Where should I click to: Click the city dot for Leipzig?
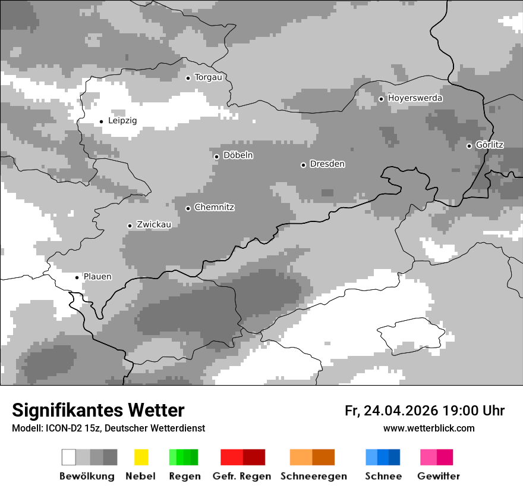click(102, 121)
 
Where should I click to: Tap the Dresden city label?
click(327, 164)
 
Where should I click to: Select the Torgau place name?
click(208, 77)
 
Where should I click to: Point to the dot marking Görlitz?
click(469, 146)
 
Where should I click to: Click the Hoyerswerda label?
click(415, 98)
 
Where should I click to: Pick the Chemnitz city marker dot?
click(188, 208)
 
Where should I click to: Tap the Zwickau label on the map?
click(154, 224)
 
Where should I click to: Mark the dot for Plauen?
click(77, 277)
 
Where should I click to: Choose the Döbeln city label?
click(238, 155)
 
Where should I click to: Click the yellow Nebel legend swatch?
click(141, 457)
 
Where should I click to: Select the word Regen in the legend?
click(184, 476)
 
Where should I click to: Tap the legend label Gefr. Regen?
click(242, 476)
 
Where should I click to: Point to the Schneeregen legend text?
click(314, 476)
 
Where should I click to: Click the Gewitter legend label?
click(438, 476)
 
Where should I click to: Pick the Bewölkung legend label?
click(87, 476)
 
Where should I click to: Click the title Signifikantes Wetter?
click(98, 410)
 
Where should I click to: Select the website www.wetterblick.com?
click(429, 428)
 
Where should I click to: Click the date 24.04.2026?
click(402, 411)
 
